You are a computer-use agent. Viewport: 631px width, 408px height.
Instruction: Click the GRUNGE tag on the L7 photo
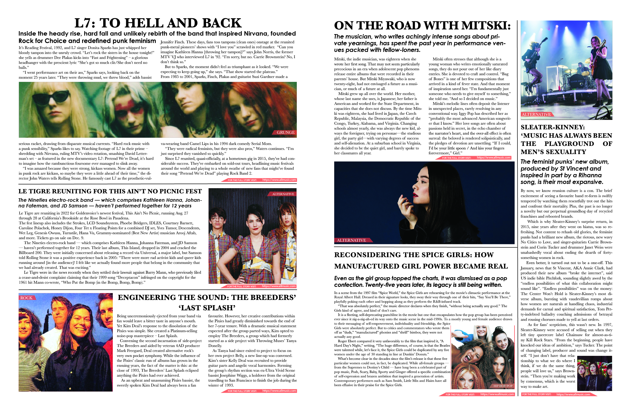point(285,133)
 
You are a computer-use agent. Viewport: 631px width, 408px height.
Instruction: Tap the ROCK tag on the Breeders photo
point(26,298)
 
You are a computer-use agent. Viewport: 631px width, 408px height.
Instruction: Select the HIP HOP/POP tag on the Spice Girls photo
point(503,386)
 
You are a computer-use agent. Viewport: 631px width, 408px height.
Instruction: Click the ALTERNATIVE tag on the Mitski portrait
point(351,240)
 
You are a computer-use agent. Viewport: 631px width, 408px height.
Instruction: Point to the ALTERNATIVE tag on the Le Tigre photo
point(283,194)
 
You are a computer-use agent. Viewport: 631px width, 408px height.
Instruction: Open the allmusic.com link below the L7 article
point(279,180)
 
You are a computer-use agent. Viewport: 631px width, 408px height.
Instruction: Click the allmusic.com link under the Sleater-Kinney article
point(573,394)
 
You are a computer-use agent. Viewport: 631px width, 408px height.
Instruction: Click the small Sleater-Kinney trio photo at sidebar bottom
point(594,373)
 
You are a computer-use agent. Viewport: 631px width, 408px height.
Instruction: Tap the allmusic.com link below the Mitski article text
point(493,158)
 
